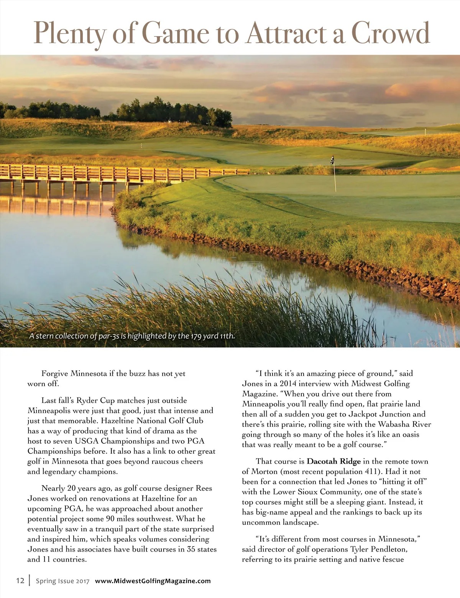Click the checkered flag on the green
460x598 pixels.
pos(332,160)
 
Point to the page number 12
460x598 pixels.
pos(20,581)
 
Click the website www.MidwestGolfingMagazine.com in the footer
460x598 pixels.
pos(153,581)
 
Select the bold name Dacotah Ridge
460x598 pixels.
pos(333,461)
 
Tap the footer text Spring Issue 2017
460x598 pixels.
pos(62,581)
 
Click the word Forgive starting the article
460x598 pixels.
pos(55,373)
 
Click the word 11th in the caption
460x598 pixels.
pos(227,336)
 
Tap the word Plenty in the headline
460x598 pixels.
pos(69,34)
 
